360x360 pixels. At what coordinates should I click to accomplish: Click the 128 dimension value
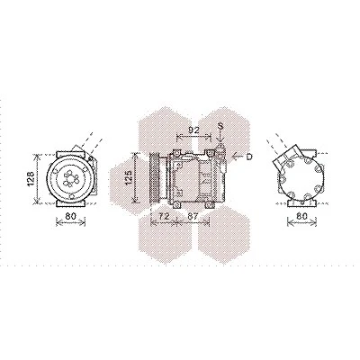pyautogui.click(x=31, y=178)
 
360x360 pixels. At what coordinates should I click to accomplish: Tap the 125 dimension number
pyautogui.click(x=128, y=177)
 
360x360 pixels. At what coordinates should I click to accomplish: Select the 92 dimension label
pyautogui.click(x=193, y=130)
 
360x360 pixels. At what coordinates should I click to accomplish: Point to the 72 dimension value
pyautogui.click(x=164, y=216)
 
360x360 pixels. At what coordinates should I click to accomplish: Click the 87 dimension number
pyautogui.click(x=193, y=216)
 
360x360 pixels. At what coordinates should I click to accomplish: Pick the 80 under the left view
pyautogui.click(x=71, y=215)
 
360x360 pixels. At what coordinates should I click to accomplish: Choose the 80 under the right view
pyautogui.click(x=301, y=215)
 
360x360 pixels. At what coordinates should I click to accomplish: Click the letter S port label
pyautogui.click(x=220, y=126)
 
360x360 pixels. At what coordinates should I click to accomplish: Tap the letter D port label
pyautogui.click(x=249, y=157)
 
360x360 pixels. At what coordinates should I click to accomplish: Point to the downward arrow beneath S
pyautogui.click(x=220, y=137)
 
